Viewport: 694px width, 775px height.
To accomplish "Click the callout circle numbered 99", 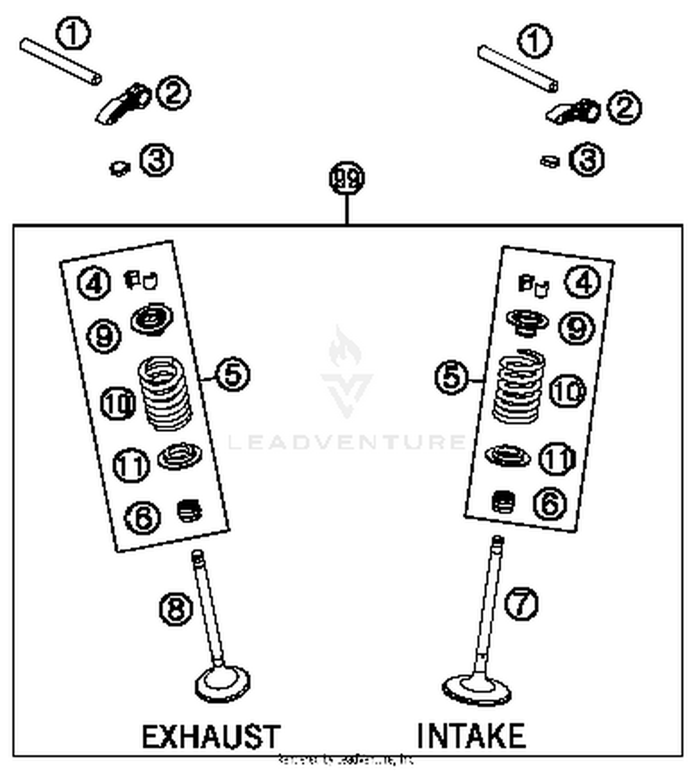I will pyautogui.click(x=347, y=179).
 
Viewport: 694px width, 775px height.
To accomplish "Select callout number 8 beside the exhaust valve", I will pyautogui.click(x=176, y=609).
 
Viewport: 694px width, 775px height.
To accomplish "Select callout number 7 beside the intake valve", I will pyautogui.click(x=521, y=603).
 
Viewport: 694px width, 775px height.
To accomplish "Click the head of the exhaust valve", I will pyautogui.click(x=223, y=683).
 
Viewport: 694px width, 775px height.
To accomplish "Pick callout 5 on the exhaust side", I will pyautogui.click(x=233, y=374).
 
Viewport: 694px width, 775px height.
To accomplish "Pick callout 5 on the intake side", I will pyautogui.click(x=452, y=376).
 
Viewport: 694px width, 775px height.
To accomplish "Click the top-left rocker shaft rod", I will pyautogui.click(x=61, y=62).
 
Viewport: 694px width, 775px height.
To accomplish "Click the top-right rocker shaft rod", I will pyautogui.click(x=518, y=69).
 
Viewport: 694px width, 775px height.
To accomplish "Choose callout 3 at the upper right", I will pyautogui.click(x=587, y=160).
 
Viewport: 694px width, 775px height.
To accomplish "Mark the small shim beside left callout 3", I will pyautogui.click(x=120, y=168).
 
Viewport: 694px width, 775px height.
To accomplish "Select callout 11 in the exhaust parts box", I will pyautogui.click(x=131, y=465).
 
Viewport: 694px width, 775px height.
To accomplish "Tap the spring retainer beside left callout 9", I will pyautogui.click(x=152, y=319).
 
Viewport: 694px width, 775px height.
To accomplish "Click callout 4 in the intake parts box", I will pyautogui.click(x=582, y=282).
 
